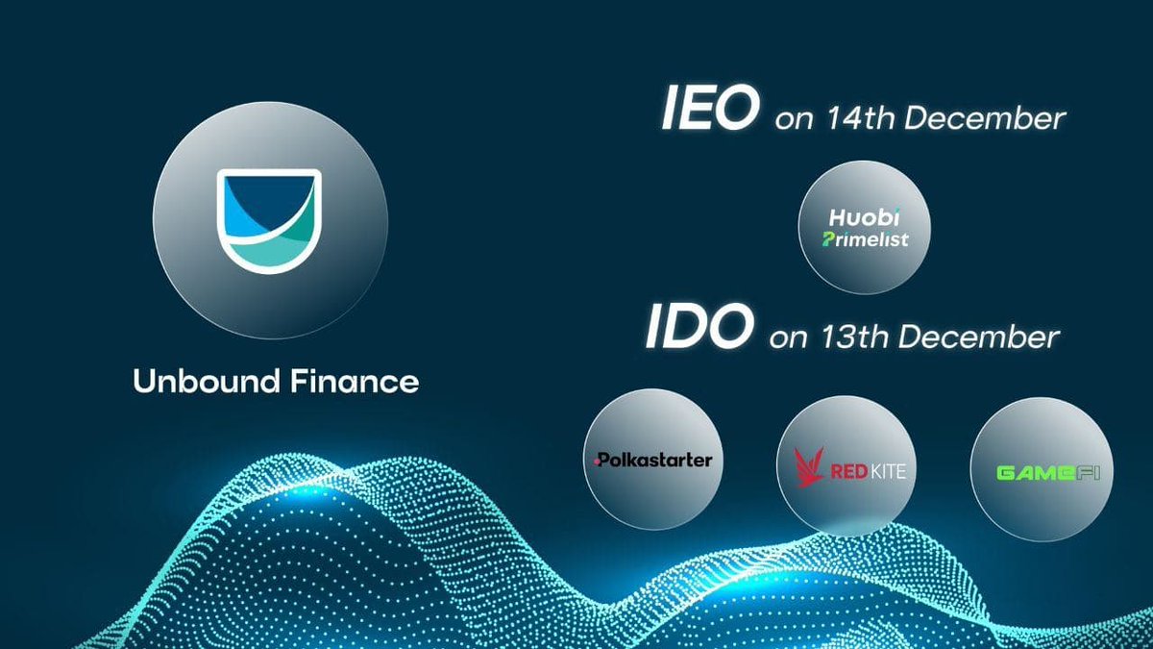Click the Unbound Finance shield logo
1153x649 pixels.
[270, 218]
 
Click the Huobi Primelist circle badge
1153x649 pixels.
[866, 227]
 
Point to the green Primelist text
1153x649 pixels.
[866, 239]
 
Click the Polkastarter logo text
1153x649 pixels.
[653, 460]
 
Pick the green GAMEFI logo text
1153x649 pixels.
[1041, 472]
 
